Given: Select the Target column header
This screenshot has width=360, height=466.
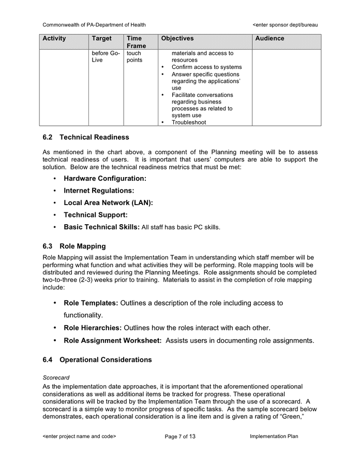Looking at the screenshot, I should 101,38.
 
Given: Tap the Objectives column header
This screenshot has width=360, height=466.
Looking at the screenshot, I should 177,38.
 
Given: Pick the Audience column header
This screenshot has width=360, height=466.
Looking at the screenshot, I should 269,38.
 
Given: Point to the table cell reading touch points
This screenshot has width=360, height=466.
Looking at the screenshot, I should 134,56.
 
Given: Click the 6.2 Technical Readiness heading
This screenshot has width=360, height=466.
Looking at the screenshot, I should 86,137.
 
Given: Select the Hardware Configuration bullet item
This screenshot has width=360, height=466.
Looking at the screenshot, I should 105,178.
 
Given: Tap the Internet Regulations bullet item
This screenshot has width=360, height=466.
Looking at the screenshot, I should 99,191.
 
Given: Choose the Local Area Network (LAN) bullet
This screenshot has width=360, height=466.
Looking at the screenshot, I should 108,202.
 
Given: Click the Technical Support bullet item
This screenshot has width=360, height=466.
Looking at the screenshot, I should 96,215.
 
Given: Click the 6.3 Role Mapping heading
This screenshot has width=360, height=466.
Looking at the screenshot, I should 74,246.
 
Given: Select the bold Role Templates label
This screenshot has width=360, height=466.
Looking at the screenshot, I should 91,303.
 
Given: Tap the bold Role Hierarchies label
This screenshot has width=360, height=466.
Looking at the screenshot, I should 93,328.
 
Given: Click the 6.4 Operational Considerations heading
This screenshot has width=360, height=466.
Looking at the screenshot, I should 97,359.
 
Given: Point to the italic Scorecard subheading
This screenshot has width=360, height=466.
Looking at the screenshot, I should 56,378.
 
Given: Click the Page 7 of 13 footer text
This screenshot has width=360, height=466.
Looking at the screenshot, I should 180,436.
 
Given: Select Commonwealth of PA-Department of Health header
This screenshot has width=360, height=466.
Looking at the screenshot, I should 94,24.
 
